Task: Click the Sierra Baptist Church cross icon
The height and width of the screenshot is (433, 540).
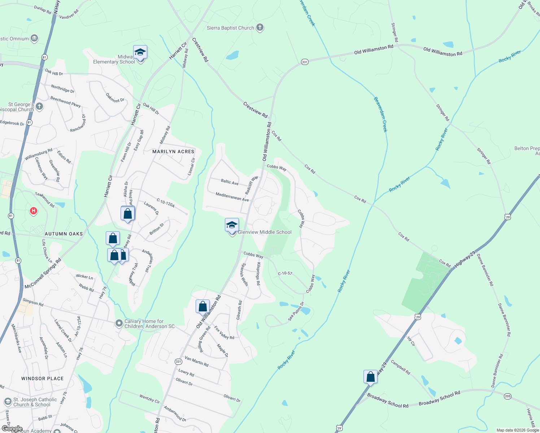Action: click(260, 27)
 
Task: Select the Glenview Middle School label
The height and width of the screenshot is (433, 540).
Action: click(265, 232)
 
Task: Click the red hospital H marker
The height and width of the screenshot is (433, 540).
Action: click(34, 211)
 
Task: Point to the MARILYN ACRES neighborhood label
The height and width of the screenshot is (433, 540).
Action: click(173, 152)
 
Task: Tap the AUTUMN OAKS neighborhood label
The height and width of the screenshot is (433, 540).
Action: click(64, 234)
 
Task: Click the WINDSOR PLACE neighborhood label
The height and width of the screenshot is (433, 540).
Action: click(42, 379)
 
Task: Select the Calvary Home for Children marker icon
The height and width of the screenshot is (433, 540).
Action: click(119, 323)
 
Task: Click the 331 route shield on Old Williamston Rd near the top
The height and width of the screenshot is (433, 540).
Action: click(305, 62)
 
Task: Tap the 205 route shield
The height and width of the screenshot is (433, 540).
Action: click(508, 396)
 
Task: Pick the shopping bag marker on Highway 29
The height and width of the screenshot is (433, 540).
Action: click(370, 377)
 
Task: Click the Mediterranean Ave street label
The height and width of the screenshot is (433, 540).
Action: click(232, 197)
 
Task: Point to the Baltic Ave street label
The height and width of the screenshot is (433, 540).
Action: click(230, 182)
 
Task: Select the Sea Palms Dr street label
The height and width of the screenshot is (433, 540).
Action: click(296, 311)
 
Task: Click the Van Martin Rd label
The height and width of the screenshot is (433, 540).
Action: click(196, 361)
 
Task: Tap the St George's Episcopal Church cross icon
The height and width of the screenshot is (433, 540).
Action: click(39, 106)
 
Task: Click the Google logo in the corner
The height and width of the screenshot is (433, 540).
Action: click(12, 429)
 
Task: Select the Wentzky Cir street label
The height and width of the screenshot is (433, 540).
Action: click(149, 398)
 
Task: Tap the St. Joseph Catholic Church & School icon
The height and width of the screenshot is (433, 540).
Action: click(8, 402)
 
